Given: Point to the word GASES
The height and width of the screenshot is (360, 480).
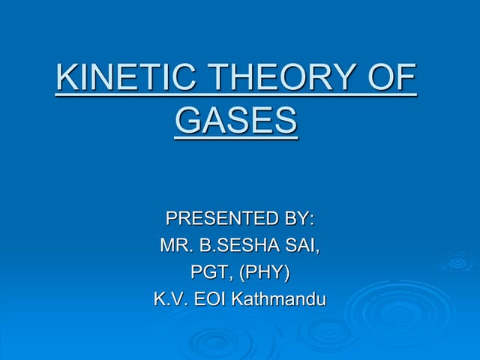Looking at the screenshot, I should pos(236,120).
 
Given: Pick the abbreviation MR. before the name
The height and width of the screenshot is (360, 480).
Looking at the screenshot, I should pos(175,245).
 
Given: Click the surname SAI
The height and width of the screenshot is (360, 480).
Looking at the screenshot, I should pos(304,245).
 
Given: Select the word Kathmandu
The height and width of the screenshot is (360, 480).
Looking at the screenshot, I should pos(279,299).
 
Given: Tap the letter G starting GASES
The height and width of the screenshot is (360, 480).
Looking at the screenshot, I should pos(187,120).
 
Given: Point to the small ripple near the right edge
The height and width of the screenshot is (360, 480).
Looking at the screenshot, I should pos(456,262).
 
